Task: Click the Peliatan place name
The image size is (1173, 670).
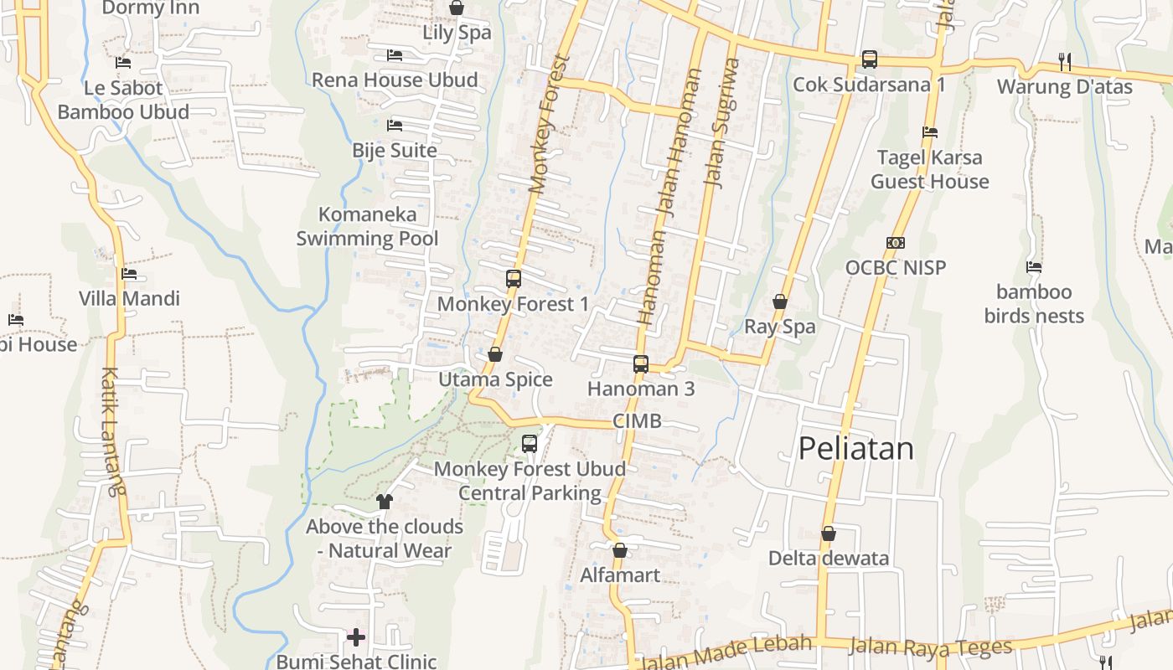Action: (855, 449)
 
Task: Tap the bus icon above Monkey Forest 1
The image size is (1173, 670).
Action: (514, 279)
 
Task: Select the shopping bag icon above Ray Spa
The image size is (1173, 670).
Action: (780, 301)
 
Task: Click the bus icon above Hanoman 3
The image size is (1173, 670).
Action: (641, 364)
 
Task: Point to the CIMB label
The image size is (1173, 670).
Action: (637, 421)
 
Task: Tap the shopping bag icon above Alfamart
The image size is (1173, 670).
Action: (620, 550)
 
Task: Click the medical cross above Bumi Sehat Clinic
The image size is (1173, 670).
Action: (356, 637)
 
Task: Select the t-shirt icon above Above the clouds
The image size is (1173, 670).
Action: (385, 502)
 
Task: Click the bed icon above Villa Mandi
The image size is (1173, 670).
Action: (129, 274)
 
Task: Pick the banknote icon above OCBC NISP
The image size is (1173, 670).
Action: (896, 243)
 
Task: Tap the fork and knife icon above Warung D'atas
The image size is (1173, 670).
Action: (1065, 61)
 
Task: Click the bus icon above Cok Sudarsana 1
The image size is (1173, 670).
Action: (870, 59)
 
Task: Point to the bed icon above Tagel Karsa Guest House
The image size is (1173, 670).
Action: (930, 132)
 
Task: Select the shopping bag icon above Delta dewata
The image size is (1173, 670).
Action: (829, 533)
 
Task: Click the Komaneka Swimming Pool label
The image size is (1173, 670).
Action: (367, 226)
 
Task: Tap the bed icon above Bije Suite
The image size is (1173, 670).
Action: (395, 126)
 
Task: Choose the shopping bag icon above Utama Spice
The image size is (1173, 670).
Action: (495, 355)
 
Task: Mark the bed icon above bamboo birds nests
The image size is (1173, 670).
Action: (1034, 267)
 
